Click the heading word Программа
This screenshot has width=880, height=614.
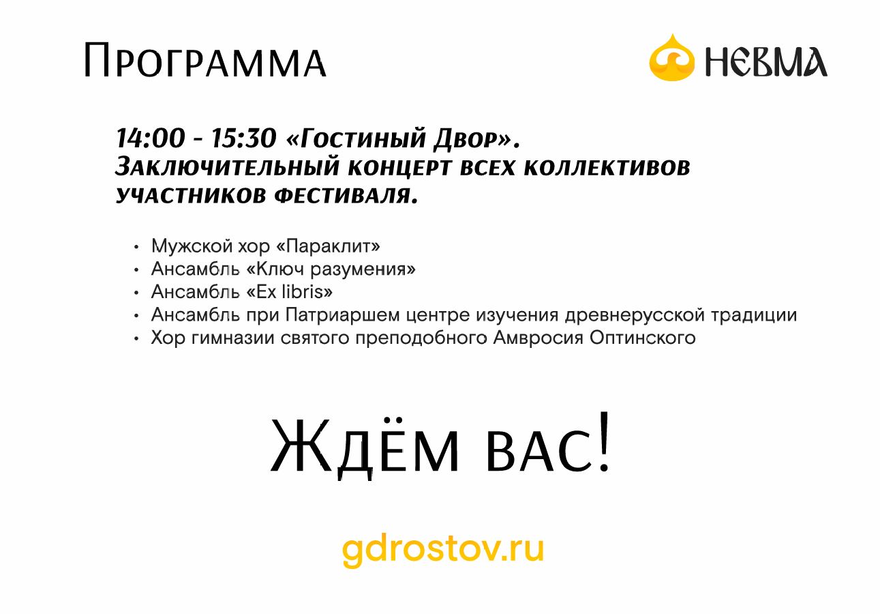[205, 60]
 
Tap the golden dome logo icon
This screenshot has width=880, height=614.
[672, 58]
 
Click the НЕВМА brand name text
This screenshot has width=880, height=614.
[766, 61]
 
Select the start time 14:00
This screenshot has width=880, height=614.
[151, 138]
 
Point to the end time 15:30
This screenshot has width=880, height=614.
[244, 138]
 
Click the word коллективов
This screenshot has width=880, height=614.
[607, 168]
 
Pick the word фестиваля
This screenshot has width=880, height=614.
[346, 195]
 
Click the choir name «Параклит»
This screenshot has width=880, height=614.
[328, 246]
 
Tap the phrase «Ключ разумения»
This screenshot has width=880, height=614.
[331, 269]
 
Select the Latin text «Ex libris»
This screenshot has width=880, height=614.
[290, 292]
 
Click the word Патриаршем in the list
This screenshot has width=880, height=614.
[342, 315]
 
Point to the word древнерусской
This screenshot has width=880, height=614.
[635, 315]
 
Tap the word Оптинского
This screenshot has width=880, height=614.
[643, 338]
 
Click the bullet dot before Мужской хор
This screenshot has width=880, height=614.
[136, 247]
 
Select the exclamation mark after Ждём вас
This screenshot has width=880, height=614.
[604, 441]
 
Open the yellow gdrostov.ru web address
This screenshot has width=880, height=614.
[443, 551]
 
